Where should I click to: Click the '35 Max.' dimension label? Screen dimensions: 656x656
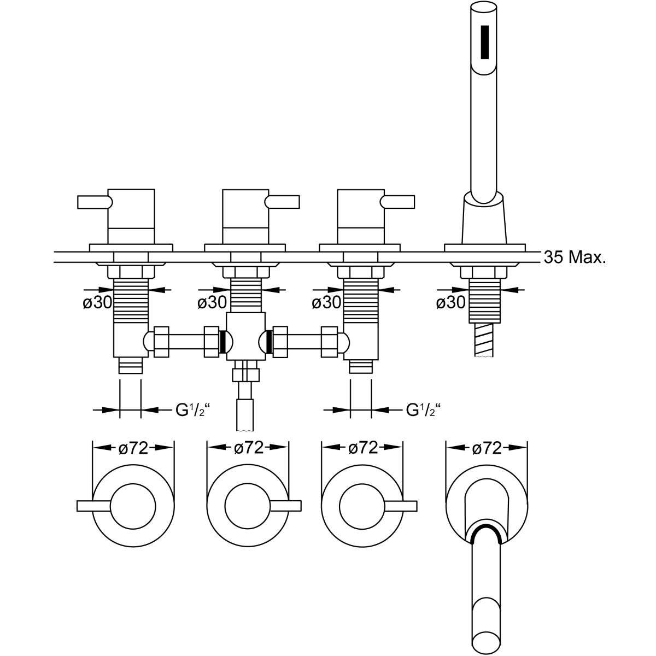point(575,257)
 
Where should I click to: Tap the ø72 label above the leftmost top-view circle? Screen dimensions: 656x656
point(134,448)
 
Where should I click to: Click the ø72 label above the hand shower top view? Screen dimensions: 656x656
point(486,448)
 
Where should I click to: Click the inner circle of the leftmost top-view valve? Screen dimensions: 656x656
point(133,506)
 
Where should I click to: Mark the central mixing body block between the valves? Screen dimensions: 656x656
point(245,336)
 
